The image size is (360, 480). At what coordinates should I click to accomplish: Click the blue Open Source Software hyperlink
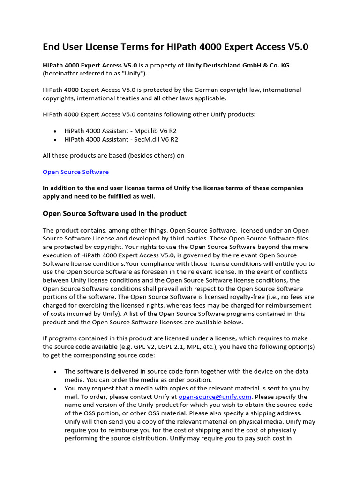pos(75,172)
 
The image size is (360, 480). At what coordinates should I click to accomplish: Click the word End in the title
pos(52,47)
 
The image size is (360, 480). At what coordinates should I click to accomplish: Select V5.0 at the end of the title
pos(297,47)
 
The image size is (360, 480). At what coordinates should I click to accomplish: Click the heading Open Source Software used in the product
pos(114,214)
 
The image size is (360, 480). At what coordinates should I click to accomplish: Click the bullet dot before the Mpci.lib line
pos(56,131)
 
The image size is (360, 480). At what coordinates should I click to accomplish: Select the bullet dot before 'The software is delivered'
pos(56,372)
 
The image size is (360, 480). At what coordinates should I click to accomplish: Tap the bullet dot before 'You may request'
pos(56,389)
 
